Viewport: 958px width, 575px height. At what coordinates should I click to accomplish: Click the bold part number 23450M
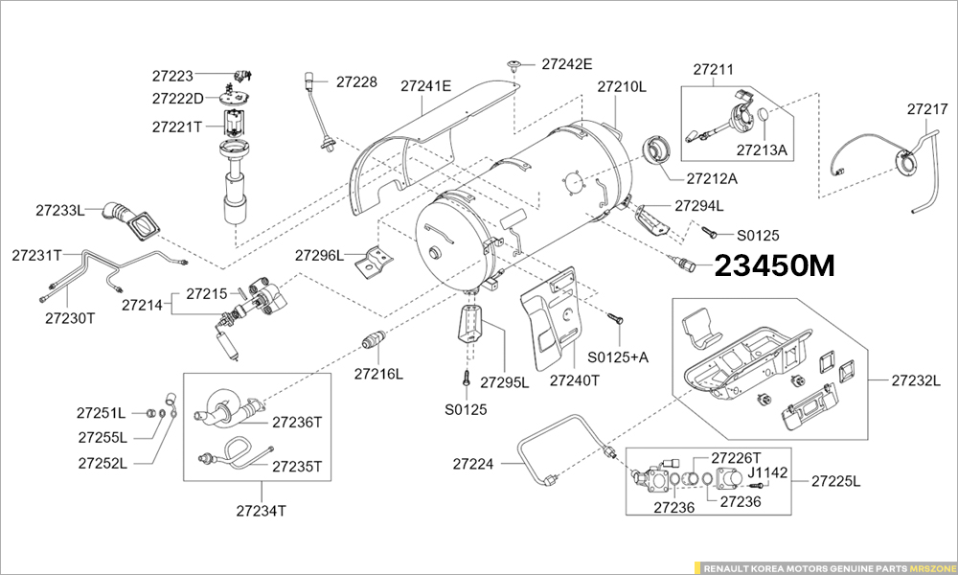[x=775, y=266]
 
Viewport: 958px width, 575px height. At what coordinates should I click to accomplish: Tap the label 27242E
[x=567, y=64]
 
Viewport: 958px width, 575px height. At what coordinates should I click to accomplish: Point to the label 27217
[x=926, y=110]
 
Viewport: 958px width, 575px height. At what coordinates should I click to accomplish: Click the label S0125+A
[x=618, y=356]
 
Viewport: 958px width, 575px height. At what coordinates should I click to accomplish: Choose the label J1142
[x=767, y=471]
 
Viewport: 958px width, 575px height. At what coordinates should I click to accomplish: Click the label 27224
[x=473, y=464]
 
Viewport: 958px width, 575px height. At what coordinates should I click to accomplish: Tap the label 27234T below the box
[x=261, y=511]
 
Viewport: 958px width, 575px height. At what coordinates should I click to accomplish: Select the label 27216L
[x=378, y=374]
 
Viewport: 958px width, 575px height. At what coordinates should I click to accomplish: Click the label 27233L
[x=60, y=209]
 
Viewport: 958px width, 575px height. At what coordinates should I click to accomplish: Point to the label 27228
[x=356, y=82]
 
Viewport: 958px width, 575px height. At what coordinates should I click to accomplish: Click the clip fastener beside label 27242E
[x=516, y=65]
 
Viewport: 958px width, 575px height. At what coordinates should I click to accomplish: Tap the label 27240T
[x=575, y=379]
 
